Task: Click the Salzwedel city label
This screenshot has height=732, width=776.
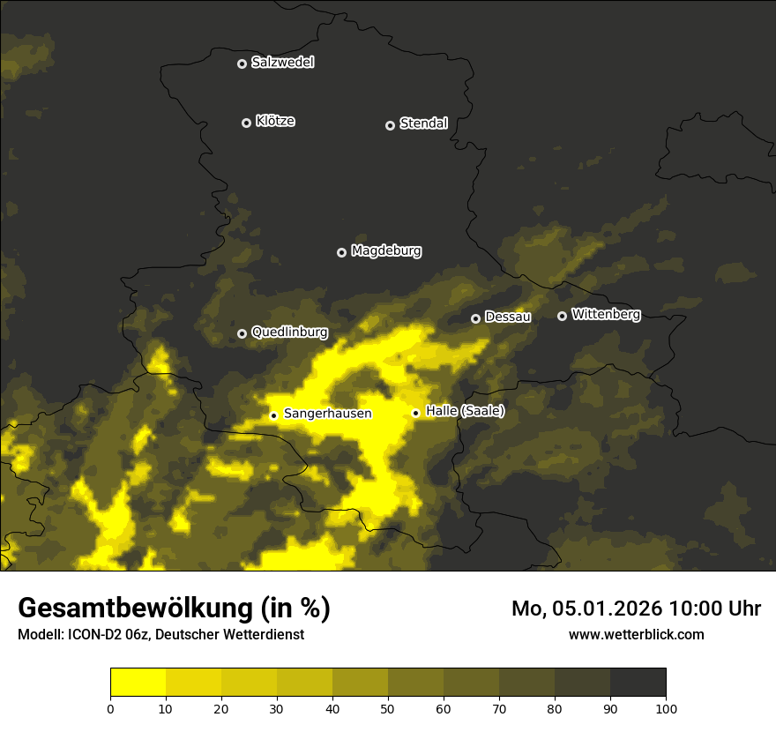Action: click(282, 63)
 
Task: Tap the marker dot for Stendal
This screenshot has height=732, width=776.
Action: click(390, 125)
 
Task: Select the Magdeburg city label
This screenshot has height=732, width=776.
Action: click(386, 251)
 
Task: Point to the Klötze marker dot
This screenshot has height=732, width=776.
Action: click(247, 123)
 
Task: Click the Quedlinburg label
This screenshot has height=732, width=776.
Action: click(289, 332)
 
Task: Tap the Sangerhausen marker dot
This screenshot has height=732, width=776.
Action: click(273, 415)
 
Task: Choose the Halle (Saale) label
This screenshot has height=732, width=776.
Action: click(465, 411)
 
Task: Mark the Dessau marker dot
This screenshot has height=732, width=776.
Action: click(475, 318)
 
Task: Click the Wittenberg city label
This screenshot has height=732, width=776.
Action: click(606, 314)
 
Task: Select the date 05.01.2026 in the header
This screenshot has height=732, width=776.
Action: click(607, 609)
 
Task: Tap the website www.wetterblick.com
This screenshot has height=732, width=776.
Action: click(637, 634)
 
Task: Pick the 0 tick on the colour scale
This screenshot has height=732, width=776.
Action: click(110, 707)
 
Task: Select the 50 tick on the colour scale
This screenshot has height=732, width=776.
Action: click(388, 707)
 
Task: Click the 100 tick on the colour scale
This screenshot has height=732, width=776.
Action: click(666, 707)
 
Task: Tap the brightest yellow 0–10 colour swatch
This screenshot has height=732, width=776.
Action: click(138, 683)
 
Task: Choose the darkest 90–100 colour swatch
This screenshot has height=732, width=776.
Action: click(638, 683)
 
